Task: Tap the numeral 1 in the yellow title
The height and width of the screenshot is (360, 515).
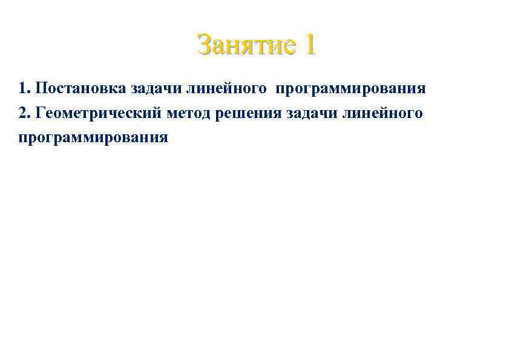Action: point(309,45)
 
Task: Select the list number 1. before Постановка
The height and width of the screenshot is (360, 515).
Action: point(24,89)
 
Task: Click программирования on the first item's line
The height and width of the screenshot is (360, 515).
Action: point(351,90)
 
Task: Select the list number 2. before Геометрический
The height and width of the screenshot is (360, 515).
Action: point(24,113)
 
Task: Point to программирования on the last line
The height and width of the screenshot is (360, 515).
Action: point(93,138)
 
